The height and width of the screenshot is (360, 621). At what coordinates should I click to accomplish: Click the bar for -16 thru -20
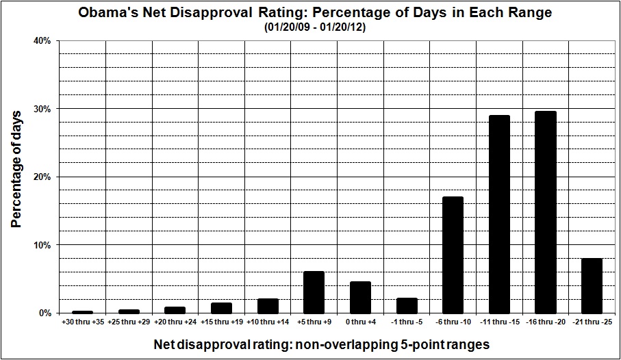click(546, 212)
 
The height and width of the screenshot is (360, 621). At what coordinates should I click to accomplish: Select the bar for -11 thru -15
click(499, 214)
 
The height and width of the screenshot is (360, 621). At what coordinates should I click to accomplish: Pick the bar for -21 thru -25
click(592, 285)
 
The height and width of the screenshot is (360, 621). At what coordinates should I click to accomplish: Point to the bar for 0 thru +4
click(360, 297)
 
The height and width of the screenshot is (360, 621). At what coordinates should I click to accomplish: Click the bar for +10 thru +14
click(267, 306)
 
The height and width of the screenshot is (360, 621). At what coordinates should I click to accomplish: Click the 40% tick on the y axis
click(42, 41)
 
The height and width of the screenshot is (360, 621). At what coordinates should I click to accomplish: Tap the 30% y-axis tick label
click(42, 109)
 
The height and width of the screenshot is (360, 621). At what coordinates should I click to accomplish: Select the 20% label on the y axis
click(42, 177)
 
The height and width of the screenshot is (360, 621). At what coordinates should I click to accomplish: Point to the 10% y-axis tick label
click(42, 245)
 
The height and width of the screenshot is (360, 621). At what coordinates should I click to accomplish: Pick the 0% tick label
click(45, 313)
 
